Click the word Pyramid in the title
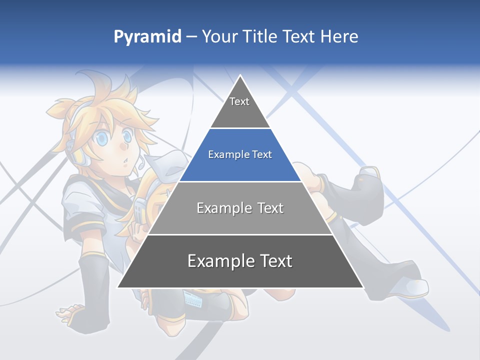coord(147,37)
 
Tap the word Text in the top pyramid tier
coord(239,102)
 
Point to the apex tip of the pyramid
coord(240,76)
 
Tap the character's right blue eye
coord(127,135)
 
